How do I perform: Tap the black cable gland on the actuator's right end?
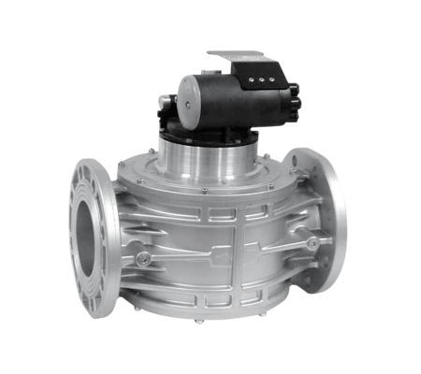point(295,95)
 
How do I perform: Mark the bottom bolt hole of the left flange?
point(93,304)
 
